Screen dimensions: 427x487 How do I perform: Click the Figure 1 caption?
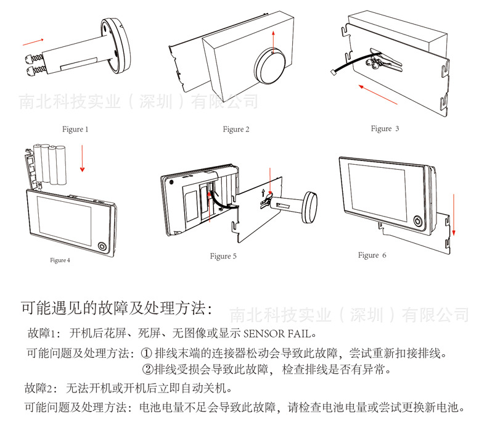pyautogui.click(x=75, y=130)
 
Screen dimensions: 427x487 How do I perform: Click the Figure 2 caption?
pyautogui.click(x=236, y=130)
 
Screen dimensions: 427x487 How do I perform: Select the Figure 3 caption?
pyautogui.click(x=385, y=128)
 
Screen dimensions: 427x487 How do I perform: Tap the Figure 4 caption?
pyautogui.click(x=60, y=260)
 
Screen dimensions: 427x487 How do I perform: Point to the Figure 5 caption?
pyautogui.click(x=223, y=256)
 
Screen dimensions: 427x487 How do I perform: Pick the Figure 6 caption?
pyautogui.click(x=372, y=255)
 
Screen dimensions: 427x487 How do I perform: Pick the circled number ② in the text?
pyautogui.click(x=147, y=370)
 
